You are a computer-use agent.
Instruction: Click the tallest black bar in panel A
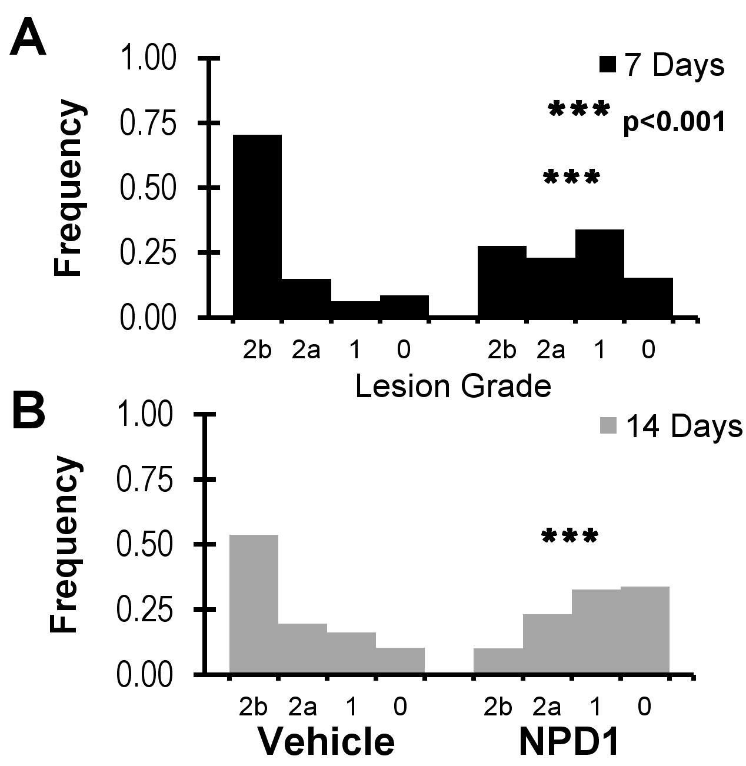[x=257, y=227]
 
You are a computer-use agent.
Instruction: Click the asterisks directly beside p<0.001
[x=577, y=111]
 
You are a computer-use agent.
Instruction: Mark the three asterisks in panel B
[x=570, y=537]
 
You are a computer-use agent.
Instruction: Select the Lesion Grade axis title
[x=453, y=387]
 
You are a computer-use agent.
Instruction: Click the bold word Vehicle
[x=327, y=742]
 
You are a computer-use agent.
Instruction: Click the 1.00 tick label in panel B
[x=147, y=416]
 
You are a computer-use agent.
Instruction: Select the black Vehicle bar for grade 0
[x=404, y=307]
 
